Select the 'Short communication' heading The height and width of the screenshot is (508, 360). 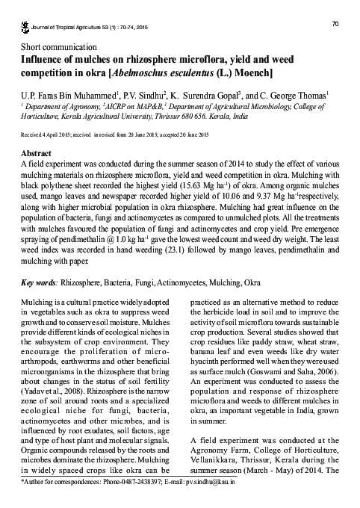pyautogui.click(x=57, y=46)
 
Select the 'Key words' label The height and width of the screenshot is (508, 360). pyautogui.click(x=38, y=284)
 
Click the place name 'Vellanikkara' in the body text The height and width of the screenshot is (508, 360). pyautogui.click(x=208, y=463)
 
